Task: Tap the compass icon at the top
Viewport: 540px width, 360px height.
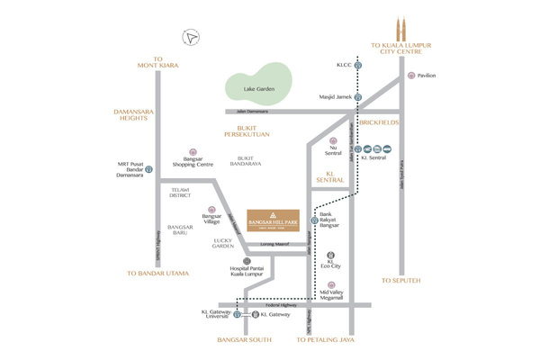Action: (190, 37)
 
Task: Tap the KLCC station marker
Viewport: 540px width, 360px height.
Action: (357, 66)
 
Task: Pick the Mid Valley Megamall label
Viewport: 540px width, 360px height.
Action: (333, 296)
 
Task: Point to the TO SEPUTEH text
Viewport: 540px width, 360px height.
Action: (401, 280)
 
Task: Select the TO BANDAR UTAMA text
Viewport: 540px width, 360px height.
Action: (157, 272)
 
